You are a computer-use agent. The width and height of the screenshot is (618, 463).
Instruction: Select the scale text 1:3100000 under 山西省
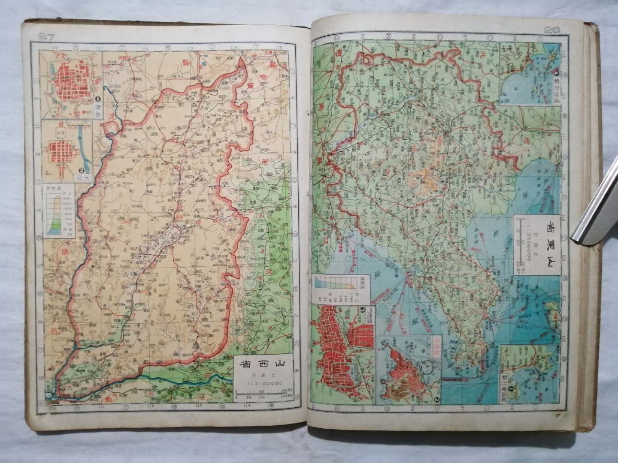(x=262, y=383)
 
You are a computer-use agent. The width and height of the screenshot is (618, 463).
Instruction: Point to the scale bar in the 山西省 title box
(x=261, y=392)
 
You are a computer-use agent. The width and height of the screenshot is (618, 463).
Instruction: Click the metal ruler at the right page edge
(x=597, y=206)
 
